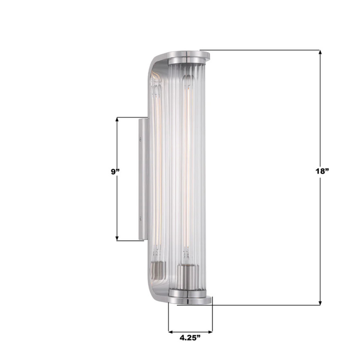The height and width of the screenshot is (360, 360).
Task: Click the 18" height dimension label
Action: click(x=323, y=172)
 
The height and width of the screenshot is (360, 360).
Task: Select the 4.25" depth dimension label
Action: click(x=189, y=337)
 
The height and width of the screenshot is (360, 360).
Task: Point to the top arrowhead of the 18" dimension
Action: click(x=320, y=52)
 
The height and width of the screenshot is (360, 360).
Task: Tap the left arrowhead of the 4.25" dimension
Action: click(x=171, y=332)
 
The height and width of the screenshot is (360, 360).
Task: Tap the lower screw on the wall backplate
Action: click(x=142, y=219)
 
